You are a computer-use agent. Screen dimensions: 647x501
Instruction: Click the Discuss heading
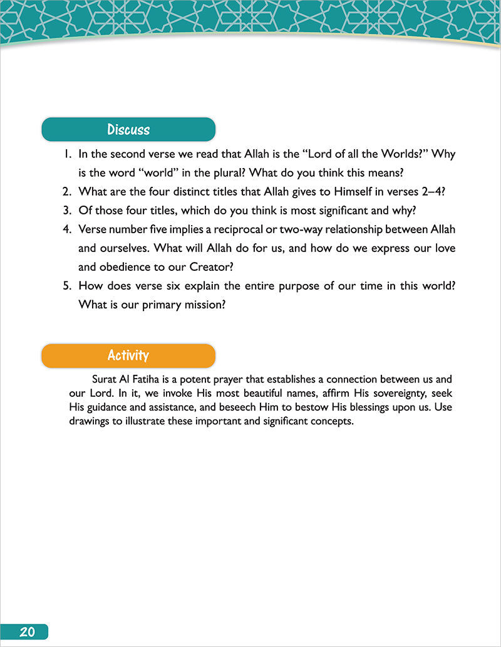pos(128,130)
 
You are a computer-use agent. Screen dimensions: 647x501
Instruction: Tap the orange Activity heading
pos(128,355)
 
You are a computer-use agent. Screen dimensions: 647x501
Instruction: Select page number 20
pos(26,631)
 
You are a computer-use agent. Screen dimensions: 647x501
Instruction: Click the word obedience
pos(107,266)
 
